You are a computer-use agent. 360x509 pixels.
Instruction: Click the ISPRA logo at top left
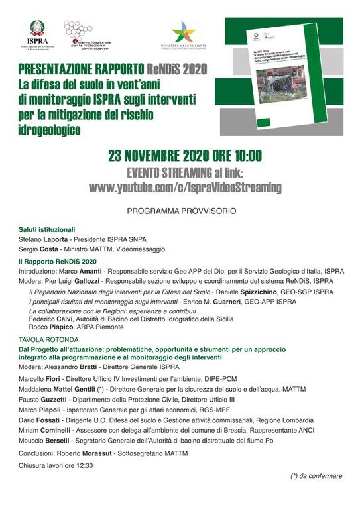coord(38,36)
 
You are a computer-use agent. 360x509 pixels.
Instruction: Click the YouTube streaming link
coord(184,188)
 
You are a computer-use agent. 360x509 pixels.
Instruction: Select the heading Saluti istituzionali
coord(47,229)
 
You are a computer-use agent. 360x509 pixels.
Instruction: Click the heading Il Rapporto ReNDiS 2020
coord(58,262)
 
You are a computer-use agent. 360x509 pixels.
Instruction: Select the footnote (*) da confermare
coord(316,475)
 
